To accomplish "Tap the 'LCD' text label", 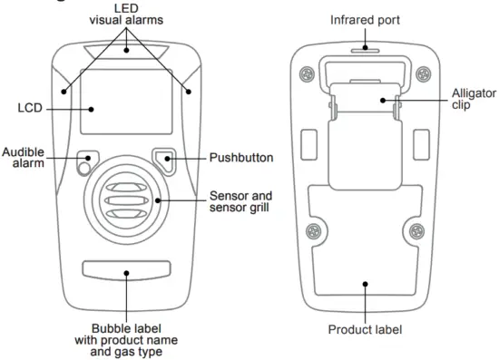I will pos(30,108).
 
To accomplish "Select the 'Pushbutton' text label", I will pos(240,157).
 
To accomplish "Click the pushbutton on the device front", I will pos(167,160).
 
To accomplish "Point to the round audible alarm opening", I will pos(83,167).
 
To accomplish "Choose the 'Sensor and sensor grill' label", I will pos(241,201).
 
